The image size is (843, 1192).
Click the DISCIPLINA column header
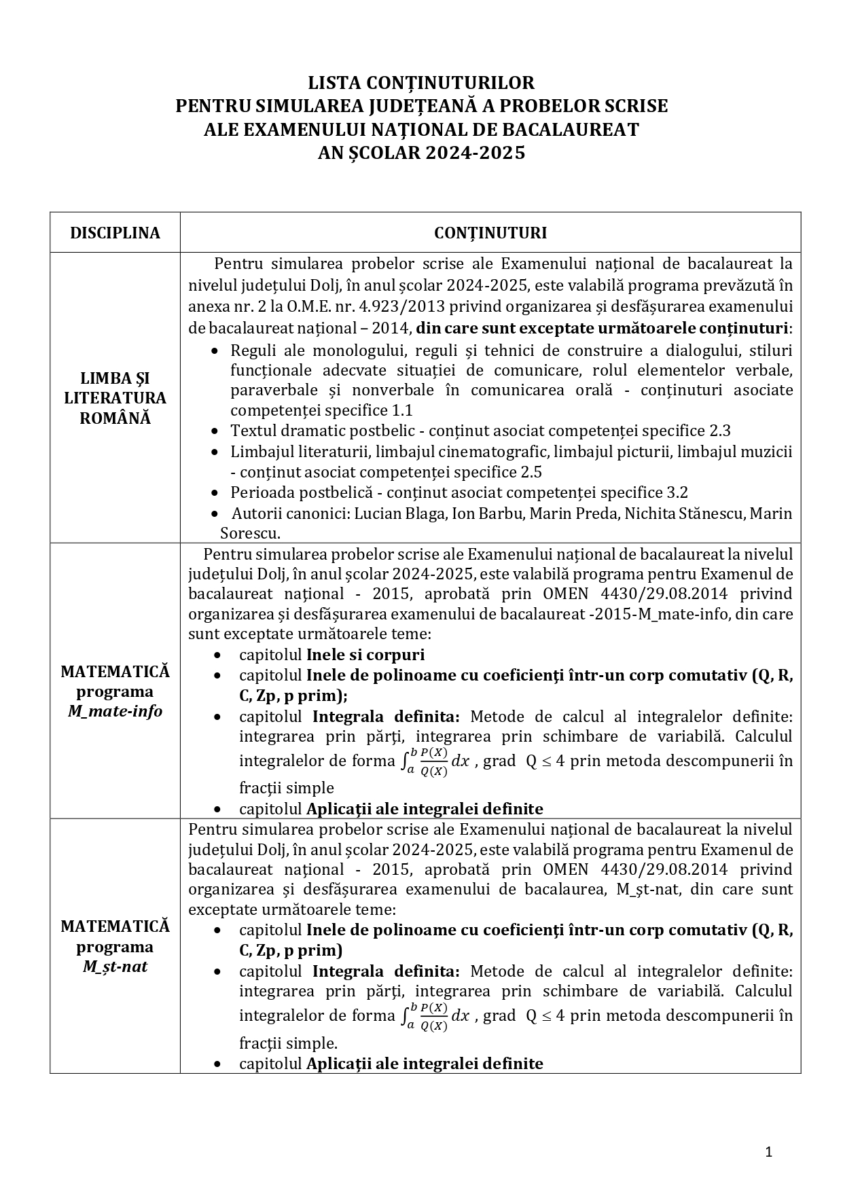click(x=115, y=233)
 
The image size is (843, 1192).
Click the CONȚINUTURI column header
click(x=490, y=233)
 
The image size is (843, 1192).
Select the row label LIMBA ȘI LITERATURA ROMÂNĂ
click(x=115, y=398)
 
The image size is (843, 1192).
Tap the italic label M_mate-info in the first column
click(x=115, y=712)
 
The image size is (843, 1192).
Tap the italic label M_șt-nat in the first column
click(x=115, y=967)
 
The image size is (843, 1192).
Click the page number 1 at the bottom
click(x=768, y=1151)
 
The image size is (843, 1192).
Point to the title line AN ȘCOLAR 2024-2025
click(x=421, y=153)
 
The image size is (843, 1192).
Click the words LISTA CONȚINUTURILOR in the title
click(x=421, y=83)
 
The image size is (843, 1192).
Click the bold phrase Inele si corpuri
click(x=365, y=655)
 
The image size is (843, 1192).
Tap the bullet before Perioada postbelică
click(x=215, y=493)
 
